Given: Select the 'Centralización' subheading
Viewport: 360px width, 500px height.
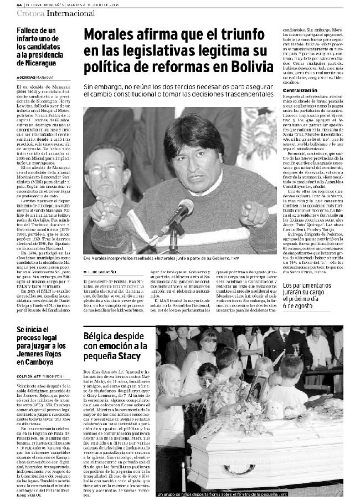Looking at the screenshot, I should [302, 90].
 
